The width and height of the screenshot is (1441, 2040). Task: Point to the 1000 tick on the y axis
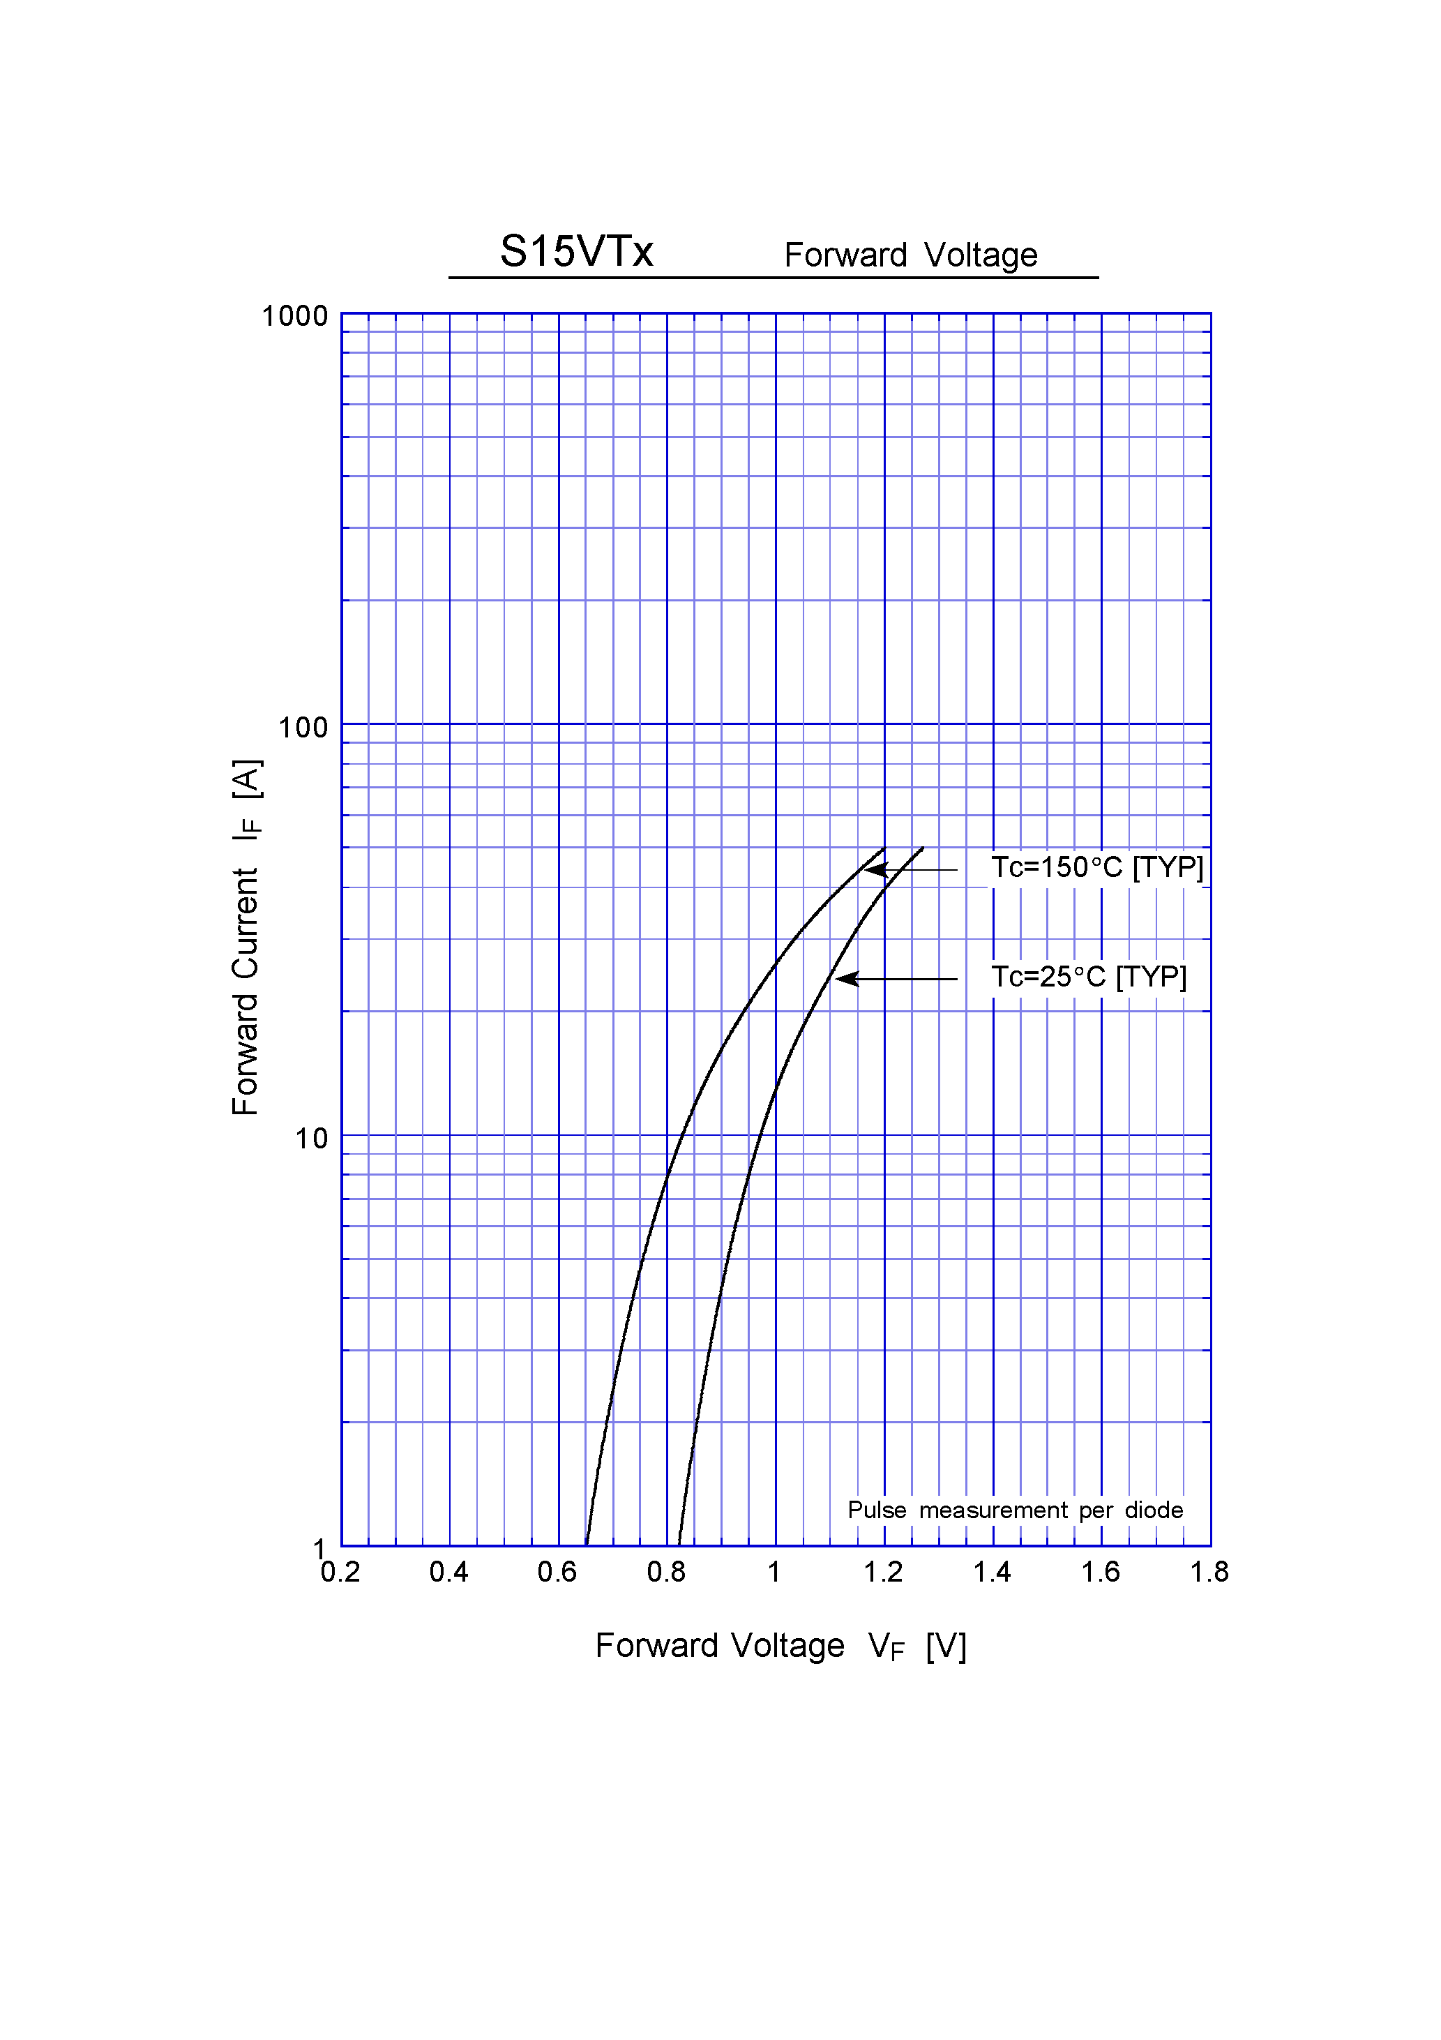click(294, 316)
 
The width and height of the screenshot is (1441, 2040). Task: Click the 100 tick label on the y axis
click(302, 728)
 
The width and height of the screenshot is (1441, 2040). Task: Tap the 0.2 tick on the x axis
click(340, 1572)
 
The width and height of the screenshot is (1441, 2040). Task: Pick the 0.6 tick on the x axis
click(557, 1572)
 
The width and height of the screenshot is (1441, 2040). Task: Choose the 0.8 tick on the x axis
click(666, 1572)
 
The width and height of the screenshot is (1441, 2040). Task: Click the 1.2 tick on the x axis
click(883, 1572)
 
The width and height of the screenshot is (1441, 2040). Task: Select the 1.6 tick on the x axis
click(1100, 1572)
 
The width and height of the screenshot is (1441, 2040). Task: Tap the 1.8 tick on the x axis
click(1209, 1572)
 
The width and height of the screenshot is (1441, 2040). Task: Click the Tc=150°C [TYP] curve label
click(1097, 867)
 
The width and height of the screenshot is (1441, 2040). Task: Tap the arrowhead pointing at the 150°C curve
click(875, 870)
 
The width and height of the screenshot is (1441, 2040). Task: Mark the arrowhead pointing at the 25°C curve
click(847, 978)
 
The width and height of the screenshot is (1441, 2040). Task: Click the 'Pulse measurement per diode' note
click(1015, 1510)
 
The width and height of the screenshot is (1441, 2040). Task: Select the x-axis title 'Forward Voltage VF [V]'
click(780, 1646)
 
